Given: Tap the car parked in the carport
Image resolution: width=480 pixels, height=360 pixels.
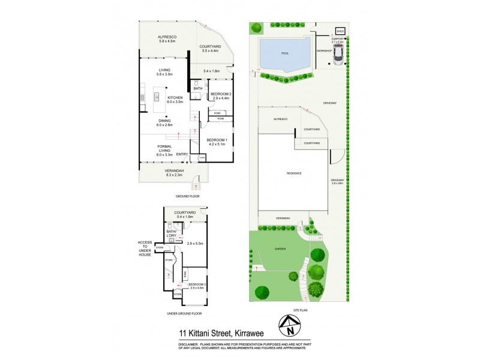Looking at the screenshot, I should click(339, 55).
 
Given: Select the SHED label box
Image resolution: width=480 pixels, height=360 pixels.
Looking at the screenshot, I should click(340, 31).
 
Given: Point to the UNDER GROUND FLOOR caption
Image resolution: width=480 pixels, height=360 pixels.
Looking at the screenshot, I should click(184, 313).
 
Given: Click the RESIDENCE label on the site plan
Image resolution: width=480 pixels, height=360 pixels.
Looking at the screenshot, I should click(293, 173).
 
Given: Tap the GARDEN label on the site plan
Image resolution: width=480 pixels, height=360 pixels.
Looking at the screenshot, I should click(280, 248).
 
